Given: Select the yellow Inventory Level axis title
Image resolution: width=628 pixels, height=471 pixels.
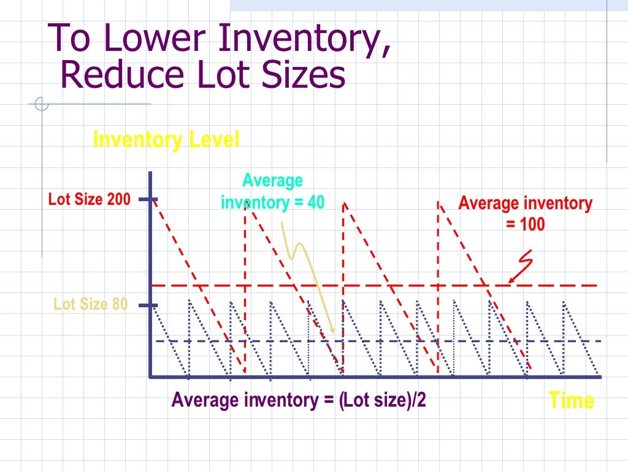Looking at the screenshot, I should coord(166,140).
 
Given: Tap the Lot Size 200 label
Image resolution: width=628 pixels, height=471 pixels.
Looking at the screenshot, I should coord(90,199).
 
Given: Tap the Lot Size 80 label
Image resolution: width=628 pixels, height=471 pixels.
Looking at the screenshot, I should coord(91,304).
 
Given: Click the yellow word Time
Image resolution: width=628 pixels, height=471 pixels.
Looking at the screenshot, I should coord(571,400).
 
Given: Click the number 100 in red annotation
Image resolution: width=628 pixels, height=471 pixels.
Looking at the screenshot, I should coord(532,224).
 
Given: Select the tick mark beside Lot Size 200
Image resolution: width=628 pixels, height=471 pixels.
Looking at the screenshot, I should coord(148,199).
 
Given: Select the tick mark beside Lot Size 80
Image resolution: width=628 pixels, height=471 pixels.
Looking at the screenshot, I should coord(148,305).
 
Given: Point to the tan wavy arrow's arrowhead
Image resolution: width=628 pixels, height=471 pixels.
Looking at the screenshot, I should coord(332,331).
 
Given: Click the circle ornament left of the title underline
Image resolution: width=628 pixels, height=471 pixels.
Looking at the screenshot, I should coord(42,105).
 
